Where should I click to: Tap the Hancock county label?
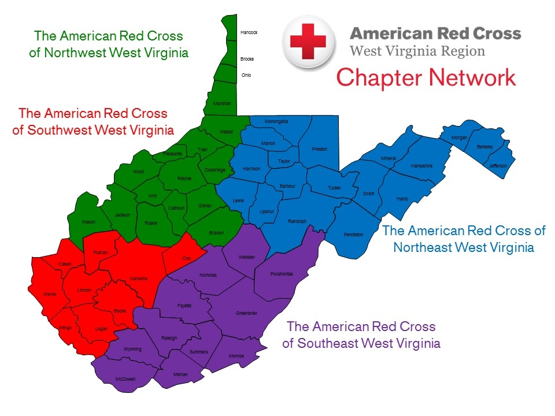[x=249, y=32]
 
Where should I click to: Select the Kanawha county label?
[x=139, y=278]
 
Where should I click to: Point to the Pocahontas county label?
[x=282, y=274]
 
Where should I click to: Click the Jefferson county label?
[x=498, y=166]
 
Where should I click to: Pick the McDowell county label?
[x=125, y=379]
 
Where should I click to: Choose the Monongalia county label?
[x=276, y=121]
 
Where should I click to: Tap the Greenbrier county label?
[x=246, y=313]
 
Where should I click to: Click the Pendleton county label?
[x=353, y=235]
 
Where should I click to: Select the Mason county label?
[x=88, y=222]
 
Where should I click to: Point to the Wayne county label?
[x=50, y=294]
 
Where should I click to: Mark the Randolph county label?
[x=297, y=221]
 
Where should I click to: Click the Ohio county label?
[x=246, y=75]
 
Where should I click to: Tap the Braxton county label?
[x=216, y=233]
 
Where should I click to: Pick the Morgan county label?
[x=460, y=138]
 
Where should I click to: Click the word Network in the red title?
[x=468, y=77]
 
